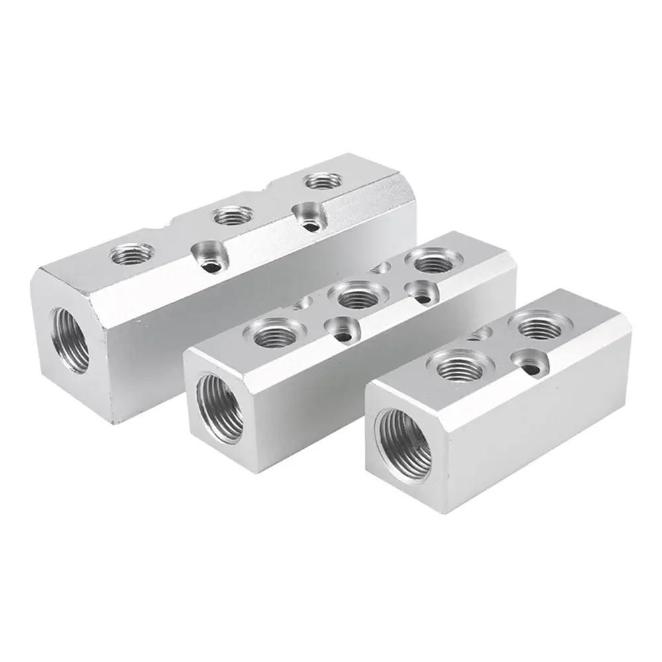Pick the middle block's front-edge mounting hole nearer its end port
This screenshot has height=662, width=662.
point(343,330)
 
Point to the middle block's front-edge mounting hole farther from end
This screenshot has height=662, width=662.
point(421,292)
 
